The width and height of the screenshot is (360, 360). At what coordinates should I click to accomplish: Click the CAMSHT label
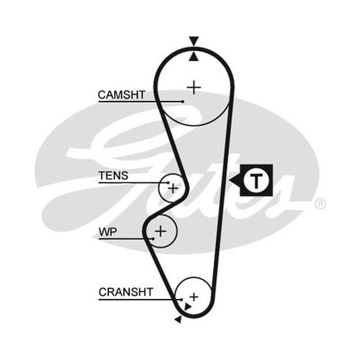click(x=122, y=95)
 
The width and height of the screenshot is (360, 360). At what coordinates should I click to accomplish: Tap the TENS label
click(x=113, y=176)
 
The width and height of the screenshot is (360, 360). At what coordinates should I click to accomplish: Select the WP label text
click(x=108, y=232)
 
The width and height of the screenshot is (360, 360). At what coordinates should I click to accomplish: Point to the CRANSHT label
click(x=126, y=292)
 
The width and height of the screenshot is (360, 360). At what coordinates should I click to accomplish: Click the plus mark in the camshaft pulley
click(x=194, y=87)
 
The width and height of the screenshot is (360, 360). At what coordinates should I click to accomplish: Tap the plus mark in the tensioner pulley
click(x=173, y=188)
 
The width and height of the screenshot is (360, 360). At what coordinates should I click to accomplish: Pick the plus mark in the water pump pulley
click(x=161, y=231)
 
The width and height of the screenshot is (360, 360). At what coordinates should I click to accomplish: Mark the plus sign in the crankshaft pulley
click(x=194, y=297)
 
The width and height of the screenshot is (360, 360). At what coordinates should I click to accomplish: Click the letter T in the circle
click(x=256, y=180)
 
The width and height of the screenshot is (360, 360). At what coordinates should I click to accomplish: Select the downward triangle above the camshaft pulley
click(x=194, y=40)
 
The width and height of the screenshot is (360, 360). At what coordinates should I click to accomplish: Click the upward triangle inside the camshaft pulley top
click(x=194, y=58)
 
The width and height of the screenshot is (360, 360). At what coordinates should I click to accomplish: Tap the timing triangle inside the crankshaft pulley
click(x=187, y=307)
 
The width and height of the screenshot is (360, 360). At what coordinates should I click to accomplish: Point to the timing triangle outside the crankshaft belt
click(x=179, y=320)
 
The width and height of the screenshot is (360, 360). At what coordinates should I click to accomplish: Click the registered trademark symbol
click(x=320, y=204)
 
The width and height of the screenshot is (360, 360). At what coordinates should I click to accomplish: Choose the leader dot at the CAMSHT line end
click(x=183, y=102)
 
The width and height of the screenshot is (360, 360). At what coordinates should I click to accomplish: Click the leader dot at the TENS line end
click(x=168, y=183)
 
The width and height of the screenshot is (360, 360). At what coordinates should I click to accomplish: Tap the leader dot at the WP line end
click(x=153, y=239)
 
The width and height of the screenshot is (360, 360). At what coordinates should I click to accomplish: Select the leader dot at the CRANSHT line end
click(x=181, y=300)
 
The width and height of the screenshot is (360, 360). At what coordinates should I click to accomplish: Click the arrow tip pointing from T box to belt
click(x=230, y=180)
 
